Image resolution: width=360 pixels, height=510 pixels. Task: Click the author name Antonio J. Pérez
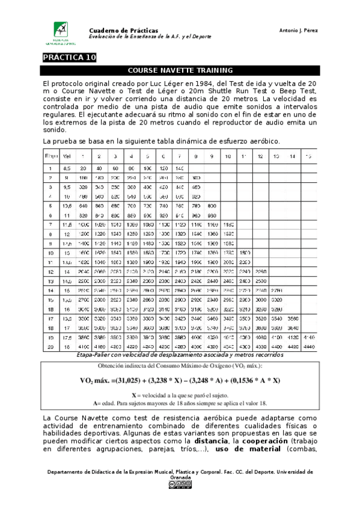(x=298, y=30)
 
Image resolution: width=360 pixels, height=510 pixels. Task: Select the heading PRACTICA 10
(x=69, y=58)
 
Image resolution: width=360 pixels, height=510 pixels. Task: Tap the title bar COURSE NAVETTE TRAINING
(x=180, y=70)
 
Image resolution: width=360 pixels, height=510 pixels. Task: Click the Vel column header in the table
(x=67, y=156)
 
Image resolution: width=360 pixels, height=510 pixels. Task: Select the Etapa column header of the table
(x=50, y=156)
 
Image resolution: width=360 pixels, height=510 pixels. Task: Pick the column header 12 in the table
(x=260, y=156)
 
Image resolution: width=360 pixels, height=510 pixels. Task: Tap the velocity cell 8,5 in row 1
(x=67, y=168)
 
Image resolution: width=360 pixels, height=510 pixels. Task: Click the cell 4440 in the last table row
(x=308, y=347)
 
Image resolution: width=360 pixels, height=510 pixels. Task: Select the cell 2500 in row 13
(x=260, y=280)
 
